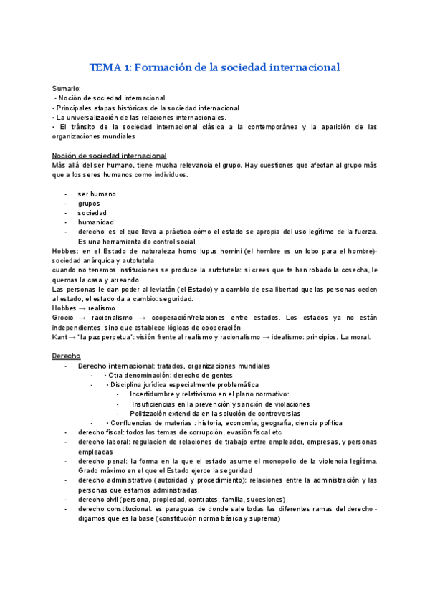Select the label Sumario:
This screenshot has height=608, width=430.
[67, 88]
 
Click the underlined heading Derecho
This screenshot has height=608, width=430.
[67, 356]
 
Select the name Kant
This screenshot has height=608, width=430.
[60, 336]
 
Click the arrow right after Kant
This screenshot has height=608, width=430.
[75, 336]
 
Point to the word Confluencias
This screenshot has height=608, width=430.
[134, 423]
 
